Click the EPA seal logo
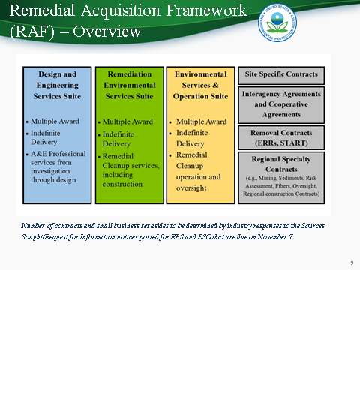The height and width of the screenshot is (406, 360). pos(277,22)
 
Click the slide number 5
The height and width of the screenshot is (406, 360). pos(352,263)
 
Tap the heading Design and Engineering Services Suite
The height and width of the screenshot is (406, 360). pos(57,85)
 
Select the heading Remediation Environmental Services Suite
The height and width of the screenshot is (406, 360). pos(129,85)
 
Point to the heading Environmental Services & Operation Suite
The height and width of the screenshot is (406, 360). pos(200,85)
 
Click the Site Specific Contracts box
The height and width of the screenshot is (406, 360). pos(281,75)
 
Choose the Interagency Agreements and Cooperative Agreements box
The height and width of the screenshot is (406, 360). pos(281,104)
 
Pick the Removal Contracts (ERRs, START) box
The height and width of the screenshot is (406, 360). pos(281,137)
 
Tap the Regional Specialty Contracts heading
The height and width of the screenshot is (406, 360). pos(281,164)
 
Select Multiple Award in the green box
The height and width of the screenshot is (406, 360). pos(127,122)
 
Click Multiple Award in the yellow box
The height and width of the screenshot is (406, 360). pos(201,122)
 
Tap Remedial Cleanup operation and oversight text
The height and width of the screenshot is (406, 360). pos(199,171)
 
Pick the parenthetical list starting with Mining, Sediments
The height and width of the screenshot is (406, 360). pos(282,185)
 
